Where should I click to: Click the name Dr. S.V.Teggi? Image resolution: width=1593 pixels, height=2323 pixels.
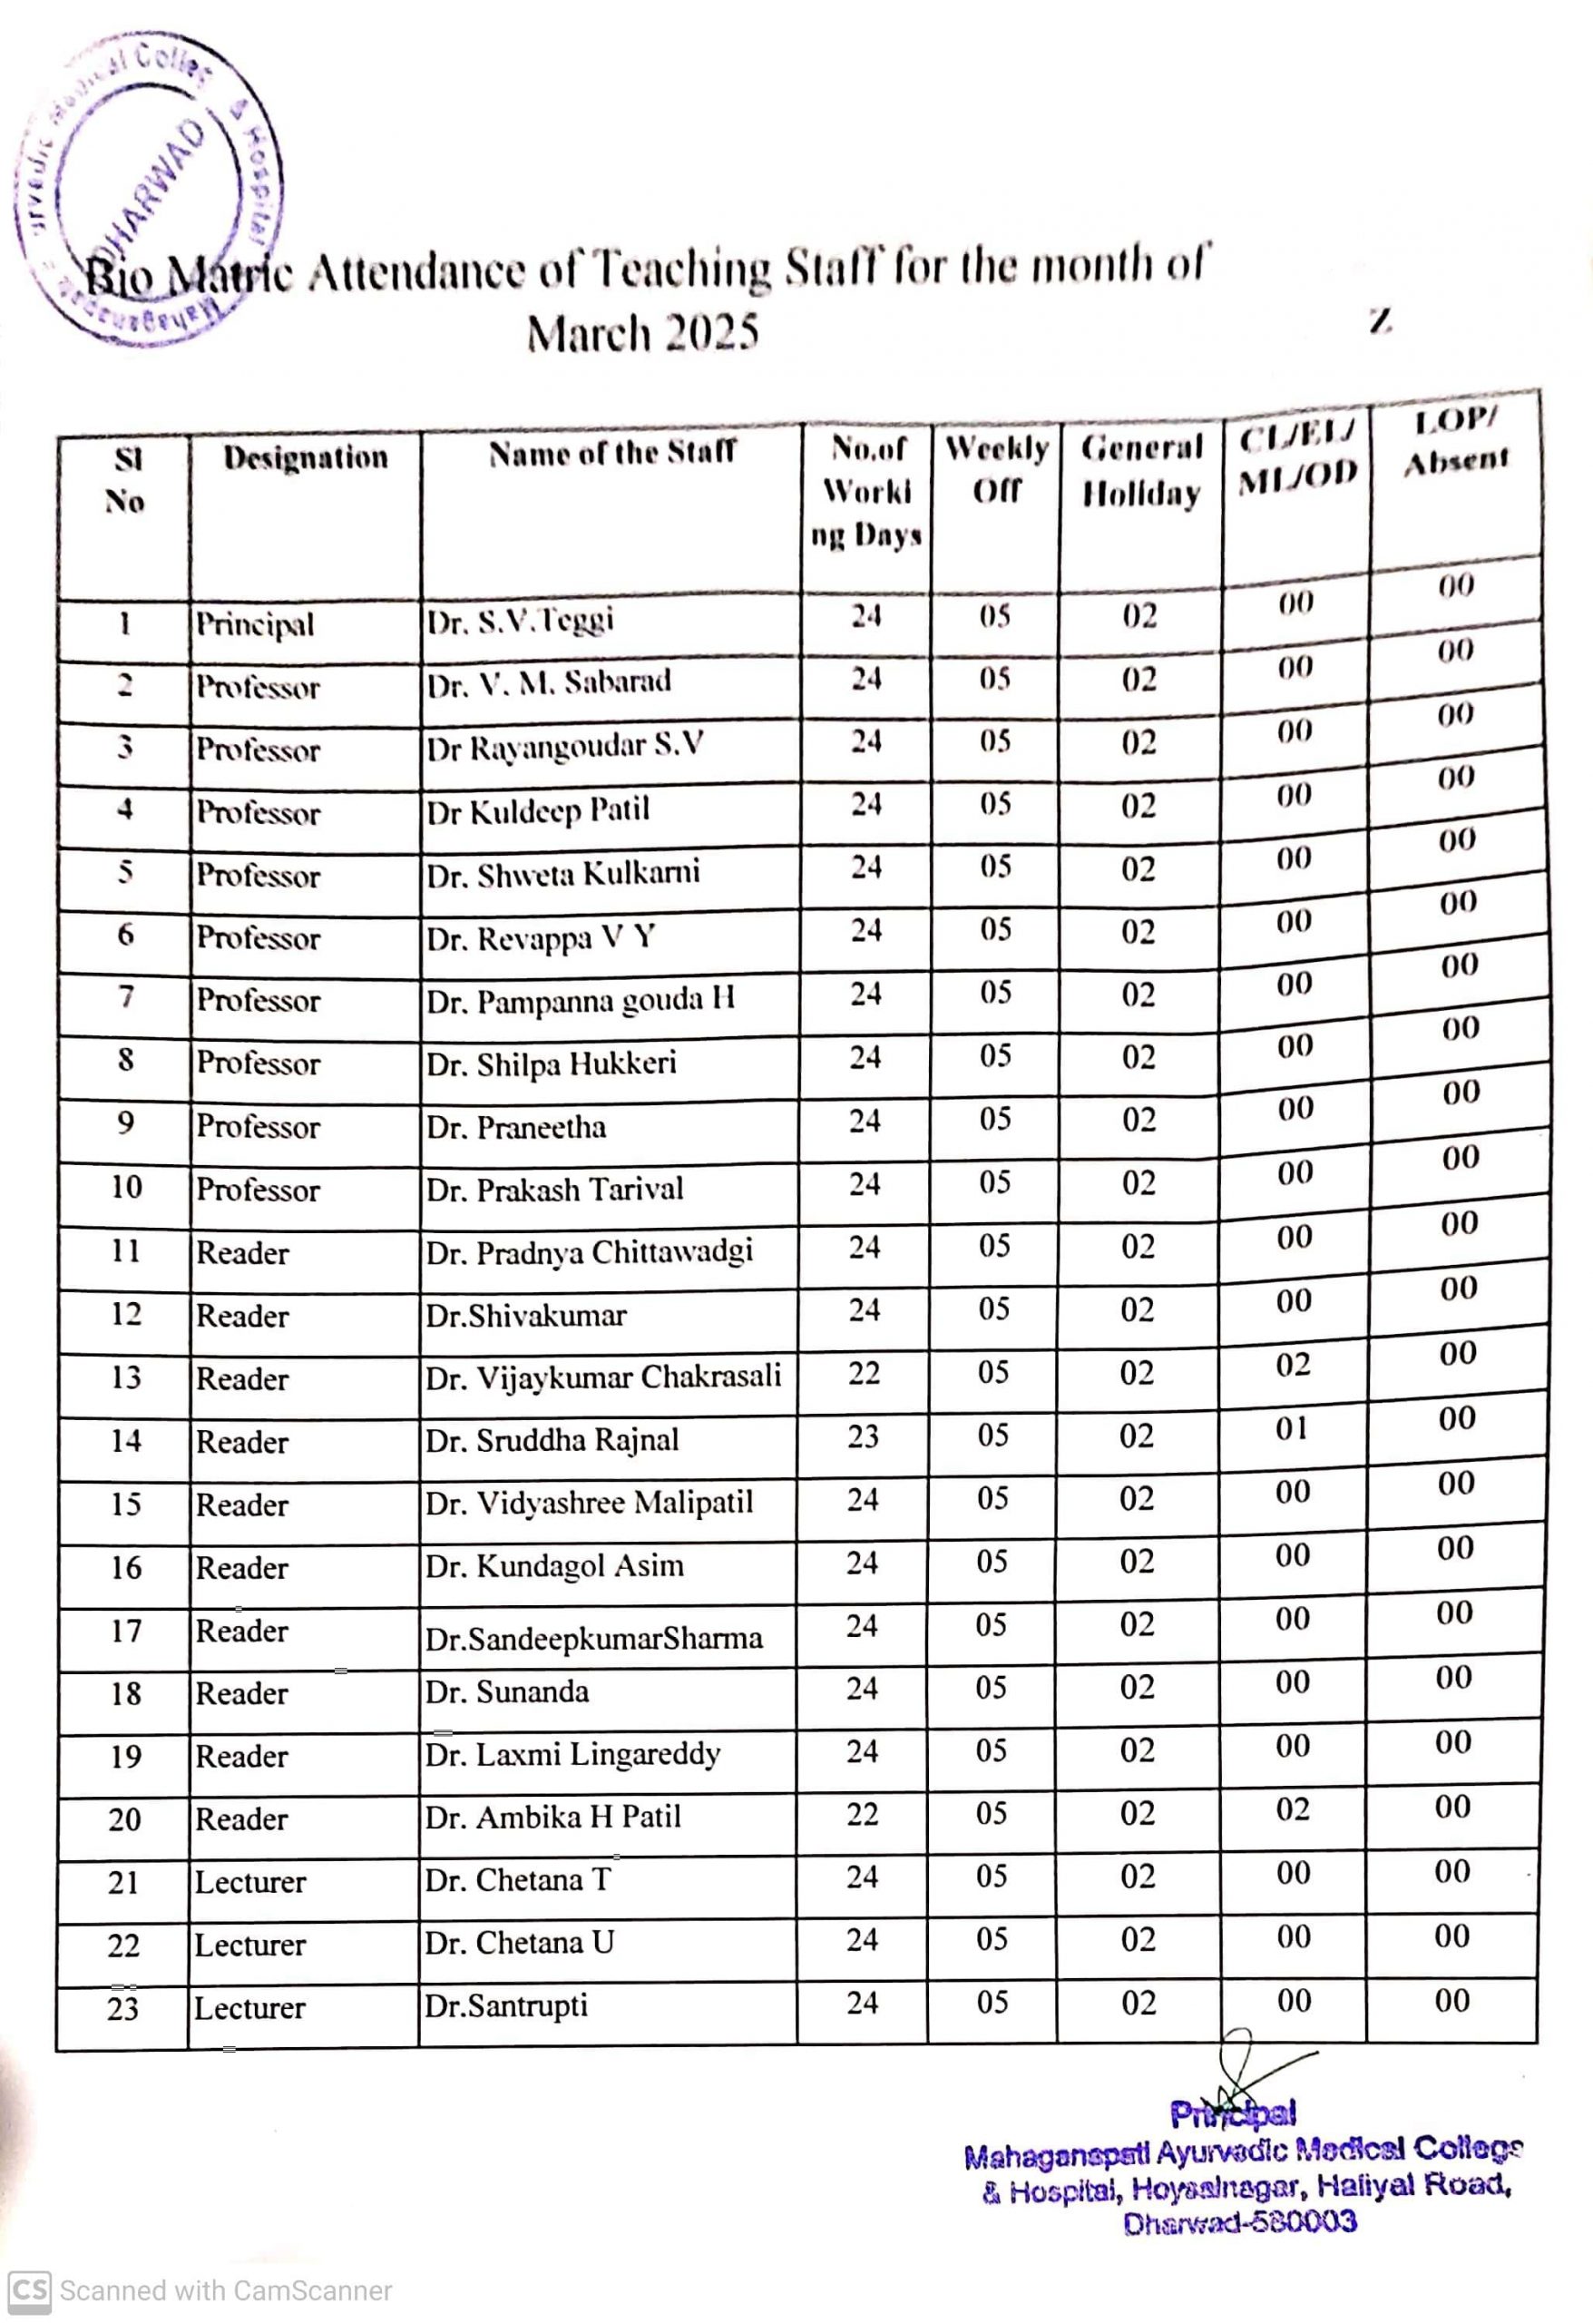pos(520,621)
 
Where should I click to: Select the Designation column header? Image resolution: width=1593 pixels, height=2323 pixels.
pos(305,458)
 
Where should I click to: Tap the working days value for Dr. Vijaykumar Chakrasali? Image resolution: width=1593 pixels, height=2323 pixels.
pos(864,1374)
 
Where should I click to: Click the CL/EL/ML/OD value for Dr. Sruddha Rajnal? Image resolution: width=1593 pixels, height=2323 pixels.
pos(1291,1428)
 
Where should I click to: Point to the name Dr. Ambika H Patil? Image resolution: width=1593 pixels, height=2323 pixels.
pos(552,1817)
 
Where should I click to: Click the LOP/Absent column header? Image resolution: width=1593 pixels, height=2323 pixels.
pos(1455,441)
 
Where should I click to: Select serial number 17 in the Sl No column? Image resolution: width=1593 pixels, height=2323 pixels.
pos(126,1632)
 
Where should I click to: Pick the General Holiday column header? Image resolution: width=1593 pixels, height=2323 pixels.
pos(1140,470)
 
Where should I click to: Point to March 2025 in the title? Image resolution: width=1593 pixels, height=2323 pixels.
pos(642,332)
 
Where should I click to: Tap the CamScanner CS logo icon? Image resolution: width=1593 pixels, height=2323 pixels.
pos(29,2290)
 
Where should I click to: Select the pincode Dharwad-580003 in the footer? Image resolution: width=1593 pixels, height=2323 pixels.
pos(1239,2223)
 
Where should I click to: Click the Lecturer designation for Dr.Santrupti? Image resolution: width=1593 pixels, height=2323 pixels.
pos(249,2008)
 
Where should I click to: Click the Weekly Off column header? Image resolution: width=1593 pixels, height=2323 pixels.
pos(996,469)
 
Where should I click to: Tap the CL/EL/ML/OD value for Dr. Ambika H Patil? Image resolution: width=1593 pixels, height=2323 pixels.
pos(1291,1810)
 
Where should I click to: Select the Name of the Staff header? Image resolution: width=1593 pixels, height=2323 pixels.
pos(611,453)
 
